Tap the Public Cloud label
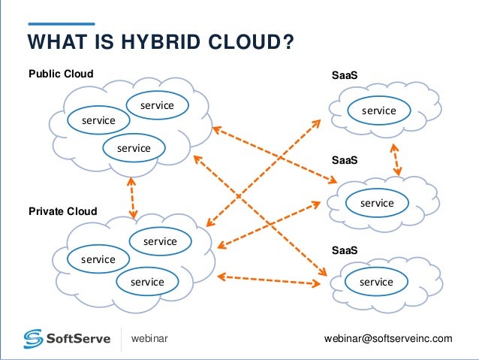(x=61, y=74)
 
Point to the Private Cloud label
(x=63, y=211)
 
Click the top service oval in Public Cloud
(x=157, y=106)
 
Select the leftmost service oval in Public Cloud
(x=98, y=120)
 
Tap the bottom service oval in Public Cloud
(x=134, y=148)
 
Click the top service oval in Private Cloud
(x=160, y=241)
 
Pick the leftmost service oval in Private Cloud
(x=98, y=259)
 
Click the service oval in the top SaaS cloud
(x=379, y=111)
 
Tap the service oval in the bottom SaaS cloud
(x=376, y=282)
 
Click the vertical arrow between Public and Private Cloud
(x=133, y=197)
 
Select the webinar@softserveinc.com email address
(x=388, y=339)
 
